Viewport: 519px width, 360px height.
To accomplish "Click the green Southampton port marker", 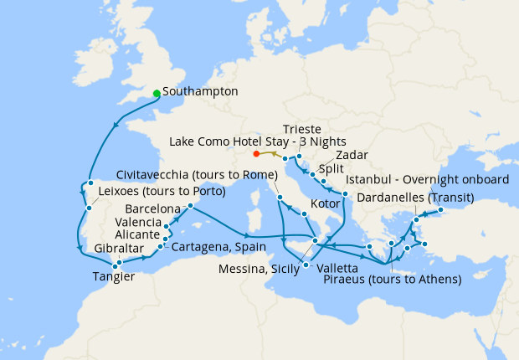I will (157, 93).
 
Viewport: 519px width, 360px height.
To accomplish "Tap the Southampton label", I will (201, 91).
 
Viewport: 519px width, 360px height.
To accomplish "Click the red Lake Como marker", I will (256, 153).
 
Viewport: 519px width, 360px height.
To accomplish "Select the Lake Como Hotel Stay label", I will (258, 141).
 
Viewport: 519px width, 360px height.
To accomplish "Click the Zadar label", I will (351, 155).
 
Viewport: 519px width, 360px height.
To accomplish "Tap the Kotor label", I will (325, 203).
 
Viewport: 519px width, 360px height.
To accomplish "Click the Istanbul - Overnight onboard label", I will (428, 180).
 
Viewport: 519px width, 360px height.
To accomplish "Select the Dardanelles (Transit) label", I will (415, 198).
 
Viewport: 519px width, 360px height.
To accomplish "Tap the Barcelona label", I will (153, 208).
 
